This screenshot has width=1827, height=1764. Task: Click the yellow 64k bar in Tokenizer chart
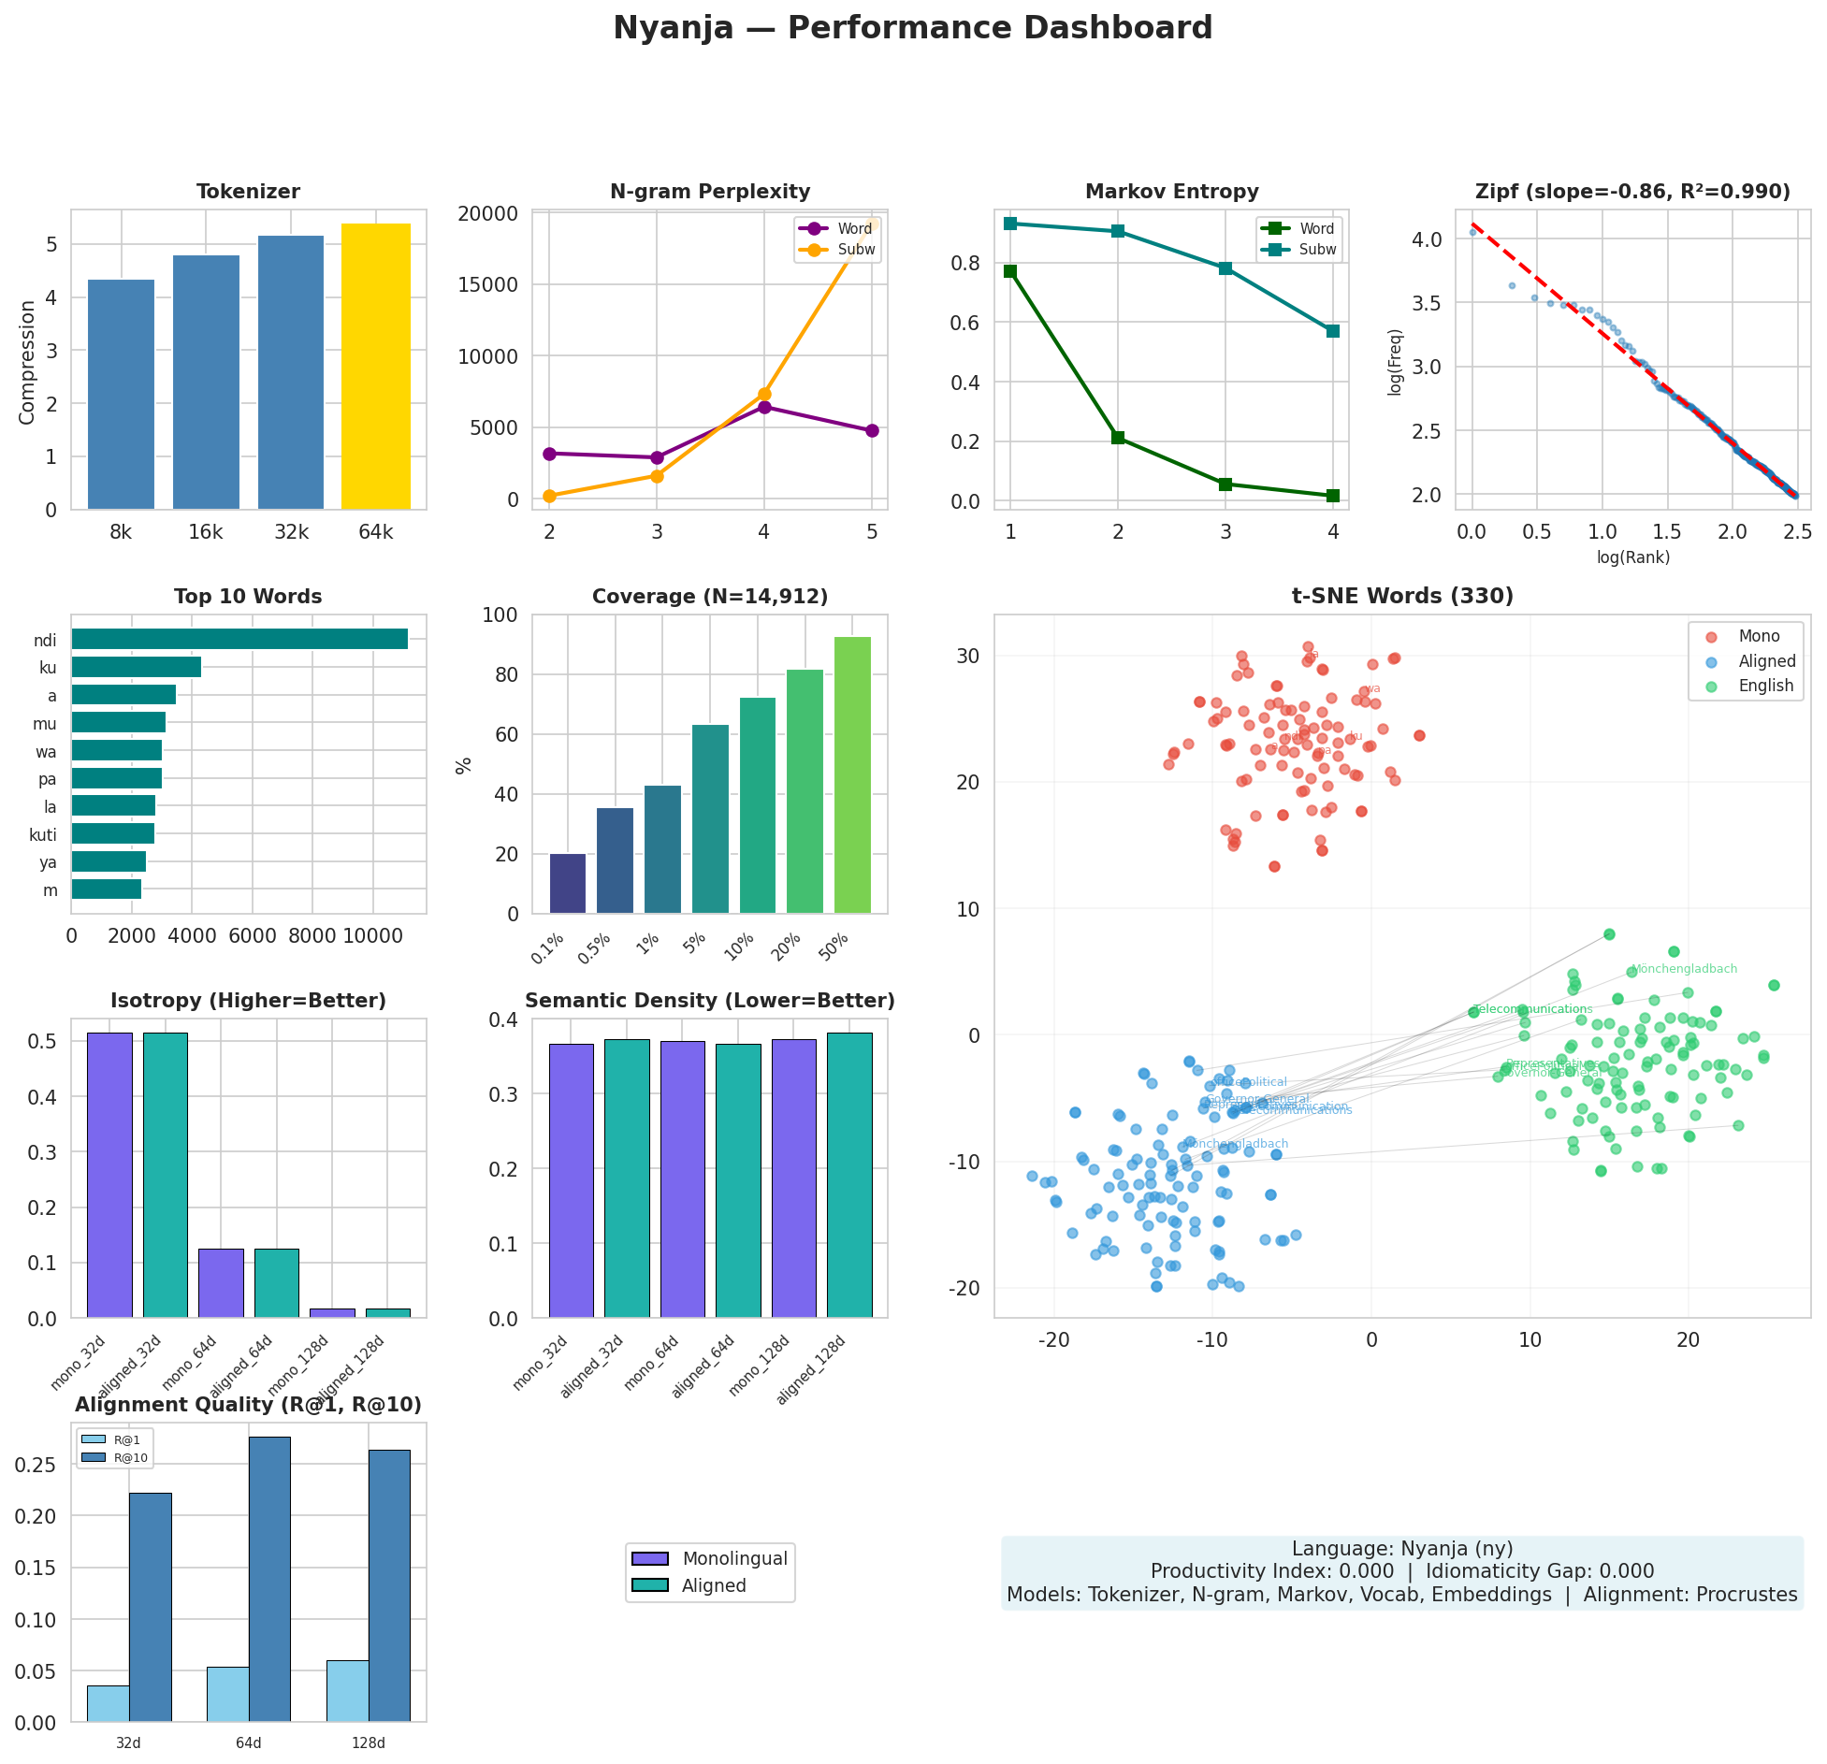[x=375, y=367]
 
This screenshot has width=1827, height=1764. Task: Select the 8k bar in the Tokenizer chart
[x=121, y=395]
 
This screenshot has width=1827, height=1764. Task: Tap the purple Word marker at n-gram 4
[x=764, y=407]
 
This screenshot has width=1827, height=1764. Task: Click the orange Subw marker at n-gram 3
[x=657, y=476]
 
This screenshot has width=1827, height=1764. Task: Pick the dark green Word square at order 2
[x=1118, y=438]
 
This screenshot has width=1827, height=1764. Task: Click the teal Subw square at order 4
[x=1333, y=331]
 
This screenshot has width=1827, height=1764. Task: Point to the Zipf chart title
[x=1632, y=192]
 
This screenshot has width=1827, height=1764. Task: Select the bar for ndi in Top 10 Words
[x=239, y=639]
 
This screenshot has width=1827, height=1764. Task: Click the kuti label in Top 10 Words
[x=43, y=835]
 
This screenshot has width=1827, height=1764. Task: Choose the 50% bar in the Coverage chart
[x=852, y=774]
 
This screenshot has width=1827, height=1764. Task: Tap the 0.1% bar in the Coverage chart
[x=568, y=883]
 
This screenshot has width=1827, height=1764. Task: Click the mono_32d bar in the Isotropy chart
[x=109, y=1175]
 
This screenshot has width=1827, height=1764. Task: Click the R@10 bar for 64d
[x=269, y=1579]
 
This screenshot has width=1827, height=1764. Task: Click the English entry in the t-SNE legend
[x=1765, y=686]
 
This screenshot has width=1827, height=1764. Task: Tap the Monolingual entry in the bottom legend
[x=734, y=1558]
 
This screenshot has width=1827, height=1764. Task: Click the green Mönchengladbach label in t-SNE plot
[x=1684, y=969]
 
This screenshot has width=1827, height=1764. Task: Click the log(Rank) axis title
[x=1632, y=557]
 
